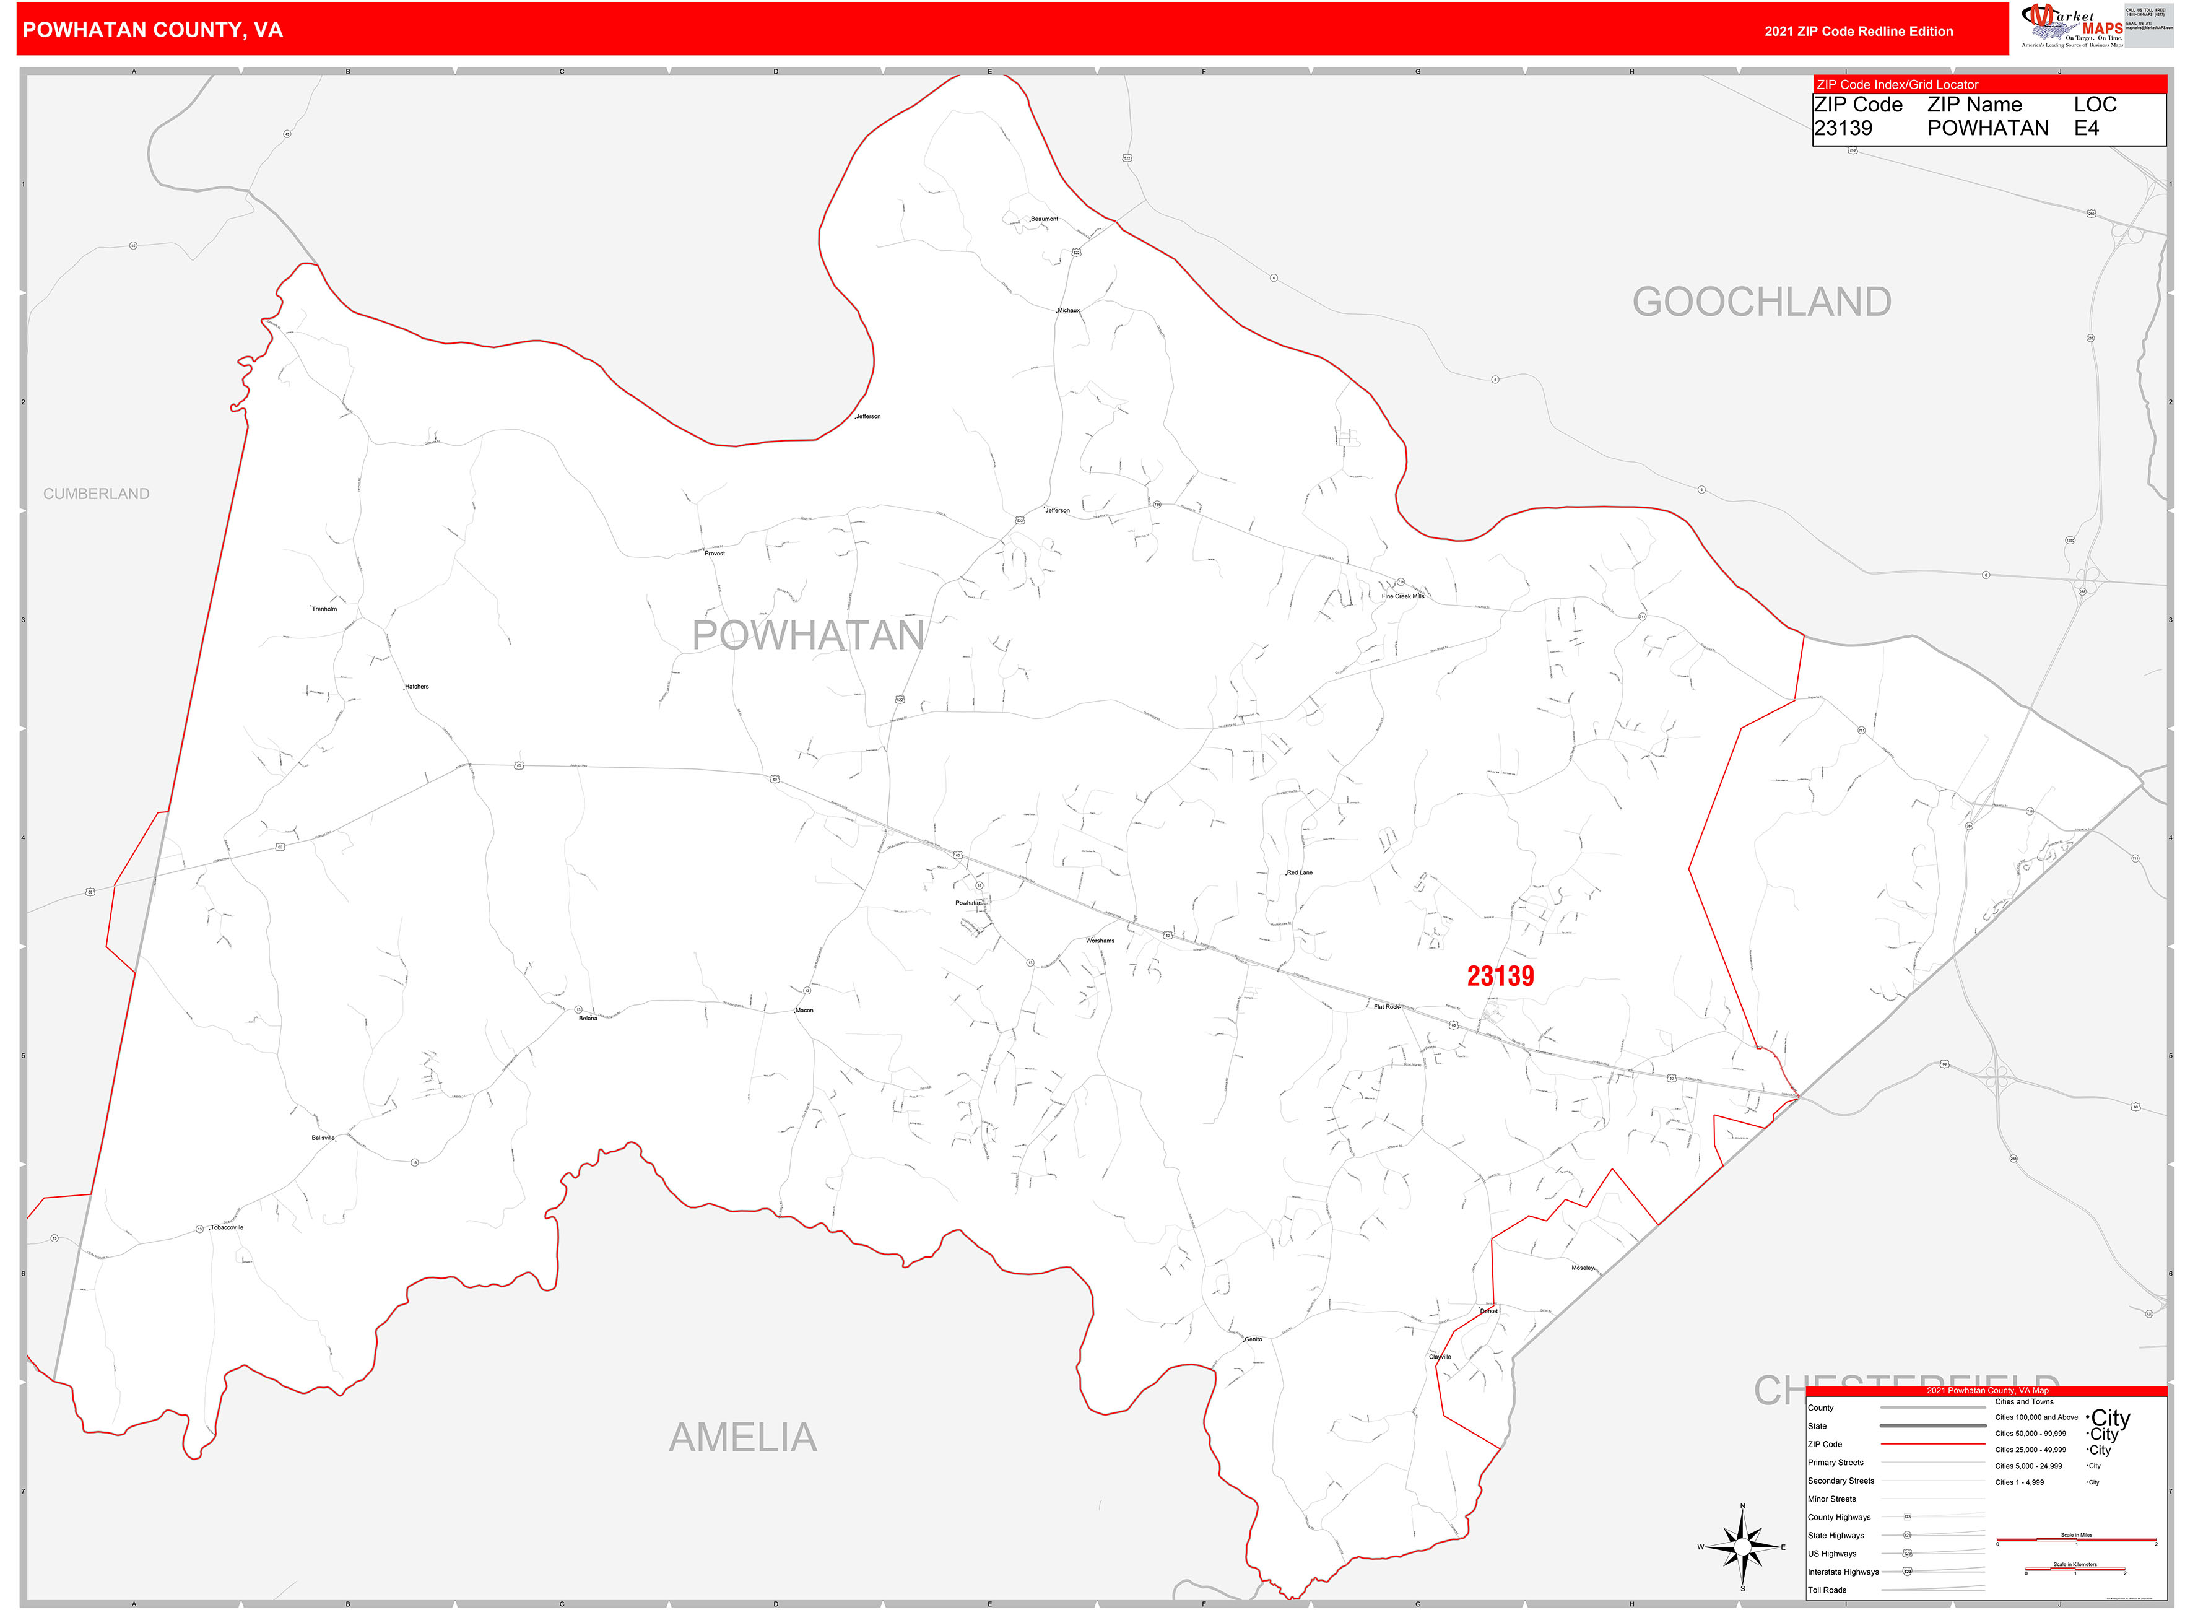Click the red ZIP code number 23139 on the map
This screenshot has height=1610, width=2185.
click(1500, 975)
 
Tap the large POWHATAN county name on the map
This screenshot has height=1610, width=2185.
click(808, 635)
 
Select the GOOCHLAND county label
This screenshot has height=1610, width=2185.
click(1761, 302)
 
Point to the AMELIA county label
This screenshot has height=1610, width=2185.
click(742, 1437)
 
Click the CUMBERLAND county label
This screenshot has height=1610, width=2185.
click(97, 494)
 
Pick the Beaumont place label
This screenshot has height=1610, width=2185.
click(1044, 219)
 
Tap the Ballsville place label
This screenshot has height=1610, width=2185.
click(323, 1138)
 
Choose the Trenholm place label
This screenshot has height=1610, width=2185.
click(324, 609)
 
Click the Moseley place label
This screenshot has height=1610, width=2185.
click(1582, 1268)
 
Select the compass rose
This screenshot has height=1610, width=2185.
click(1742, 1547)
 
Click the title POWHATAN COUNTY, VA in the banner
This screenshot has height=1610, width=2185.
click(153, 30)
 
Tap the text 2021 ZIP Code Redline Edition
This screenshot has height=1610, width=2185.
click(1859, 31)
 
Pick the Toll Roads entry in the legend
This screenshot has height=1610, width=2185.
click(1827, 1590)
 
